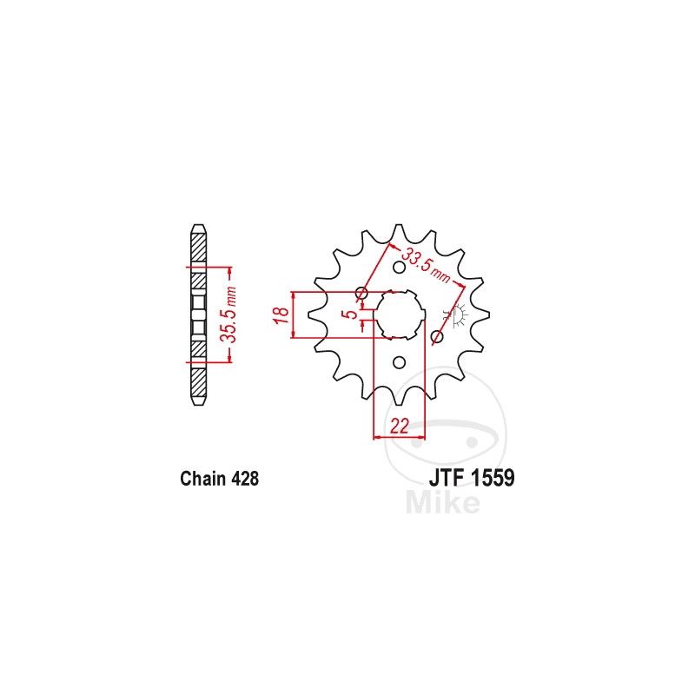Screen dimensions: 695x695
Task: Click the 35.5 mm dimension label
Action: (229, 314)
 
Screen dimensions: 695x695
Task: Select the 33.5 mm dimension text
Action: (426, 266)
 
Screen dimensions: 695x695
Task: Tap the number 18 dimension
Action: (281, 314)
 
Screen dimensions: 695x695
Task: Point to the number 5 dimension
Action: (351, 314)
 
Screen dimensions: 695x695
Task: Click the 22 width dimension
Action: (399, 426)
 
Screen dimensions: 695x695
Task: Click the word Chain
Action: (202, 479)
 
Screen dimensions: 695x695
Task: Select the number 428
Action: (244, 479)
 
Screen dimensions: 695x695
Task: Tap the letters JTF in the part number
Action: (446, 478)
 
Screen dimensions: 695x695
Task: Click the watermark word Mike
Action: (443, 503)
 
